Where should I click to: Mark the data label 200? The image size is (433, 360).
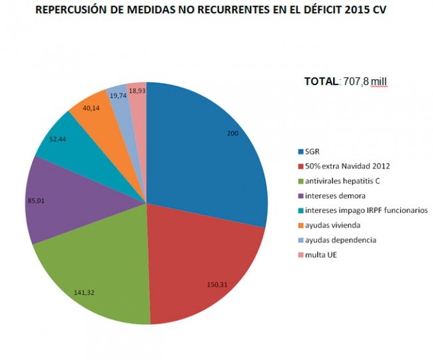tap(232, 134)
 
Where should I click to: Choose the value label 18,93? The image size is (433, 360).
tap(137, 90)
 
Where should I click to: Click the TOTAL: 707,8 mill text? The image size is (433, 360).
tap(345, 81)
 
